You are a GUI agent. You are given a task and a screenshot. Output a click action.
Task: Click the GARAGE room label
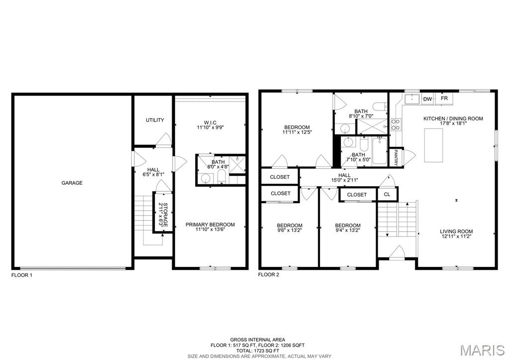pyautogui.click(x=72, y=183)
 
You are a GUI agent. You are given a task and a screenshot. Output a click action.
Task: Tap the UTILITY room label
pyautogui.click(x=155, y=120)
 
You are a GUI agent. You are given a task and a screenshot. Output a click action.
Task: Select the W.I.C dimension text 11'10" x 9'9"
pyautogui.click(x=210, y=127)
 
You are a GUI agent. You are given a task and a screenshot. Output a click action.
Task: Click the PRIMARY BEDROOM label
pyautogui.click(x=210, y=225)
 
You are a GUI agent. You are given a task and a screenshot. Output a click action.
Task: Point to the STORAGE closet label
pyautogui.click(x=163, y=215)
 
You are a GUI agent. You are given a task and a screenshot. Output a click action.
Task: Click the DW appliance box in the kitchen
pyautogui.click(x=427, y=99)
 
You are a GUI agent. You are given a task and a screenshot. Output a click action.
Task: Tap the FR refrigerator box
pyautogui.click(x=444, y=99)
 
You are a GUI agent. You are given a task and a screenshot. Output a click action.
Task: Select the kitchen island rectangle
pyautogui.click(x=433, y=145)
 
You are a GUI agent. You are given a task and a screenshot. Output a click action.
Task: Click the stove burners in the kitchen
pyautogui.click(x=396, y=124)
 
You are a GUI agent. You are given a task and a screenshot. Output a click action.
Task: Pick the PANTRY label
pyautogui.click(x=396, y=157)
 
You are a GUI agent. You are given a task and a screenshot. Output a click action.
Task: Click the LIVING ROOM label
pyautogui.click(x=456, y=231)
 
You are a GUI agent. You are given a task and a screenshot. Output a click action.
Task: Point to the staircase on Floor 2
pyautogui.click(x=397, y=219)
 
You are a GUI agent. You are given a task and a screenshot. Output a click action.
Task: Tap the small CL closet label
pyautogui.click(x=387, y=194)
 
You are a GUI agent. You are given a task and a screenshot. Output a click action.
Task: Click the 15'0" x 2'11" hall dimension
pyautogui.click(x=344, y=180)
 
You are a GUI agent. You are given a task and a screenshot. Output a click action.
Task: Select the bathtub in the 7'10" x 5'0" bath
pyautogui.click(x=380, y=151)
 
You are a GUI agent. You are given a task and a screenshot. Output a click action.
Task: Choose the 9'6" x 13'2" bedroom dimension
pyautogui.click(x=289, y=231)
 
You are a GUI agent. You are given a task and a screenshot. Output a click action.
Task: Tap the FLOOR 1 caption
pyautogui.click(x=22, y=275)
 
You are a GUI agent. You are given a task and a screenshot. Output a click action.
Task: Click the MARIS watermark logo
pyautogui.click(x=483, y=350)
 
